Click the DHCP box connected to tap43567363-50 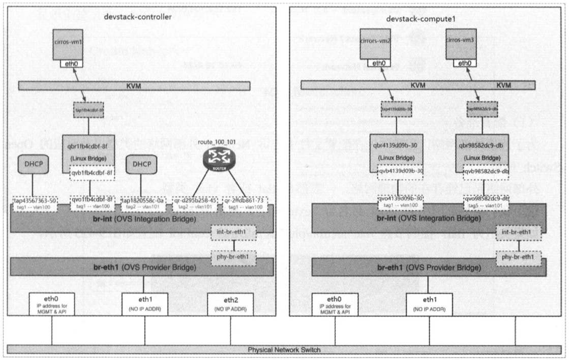point(33,164)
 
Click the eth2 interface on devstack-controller point(227,303)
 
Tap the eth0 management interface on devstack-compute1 point(335,303)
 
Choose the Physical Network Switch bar point(284,350)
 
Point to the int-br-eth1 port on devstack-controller point(233,232)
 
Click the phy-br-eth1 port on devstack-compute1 point(517,257)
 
